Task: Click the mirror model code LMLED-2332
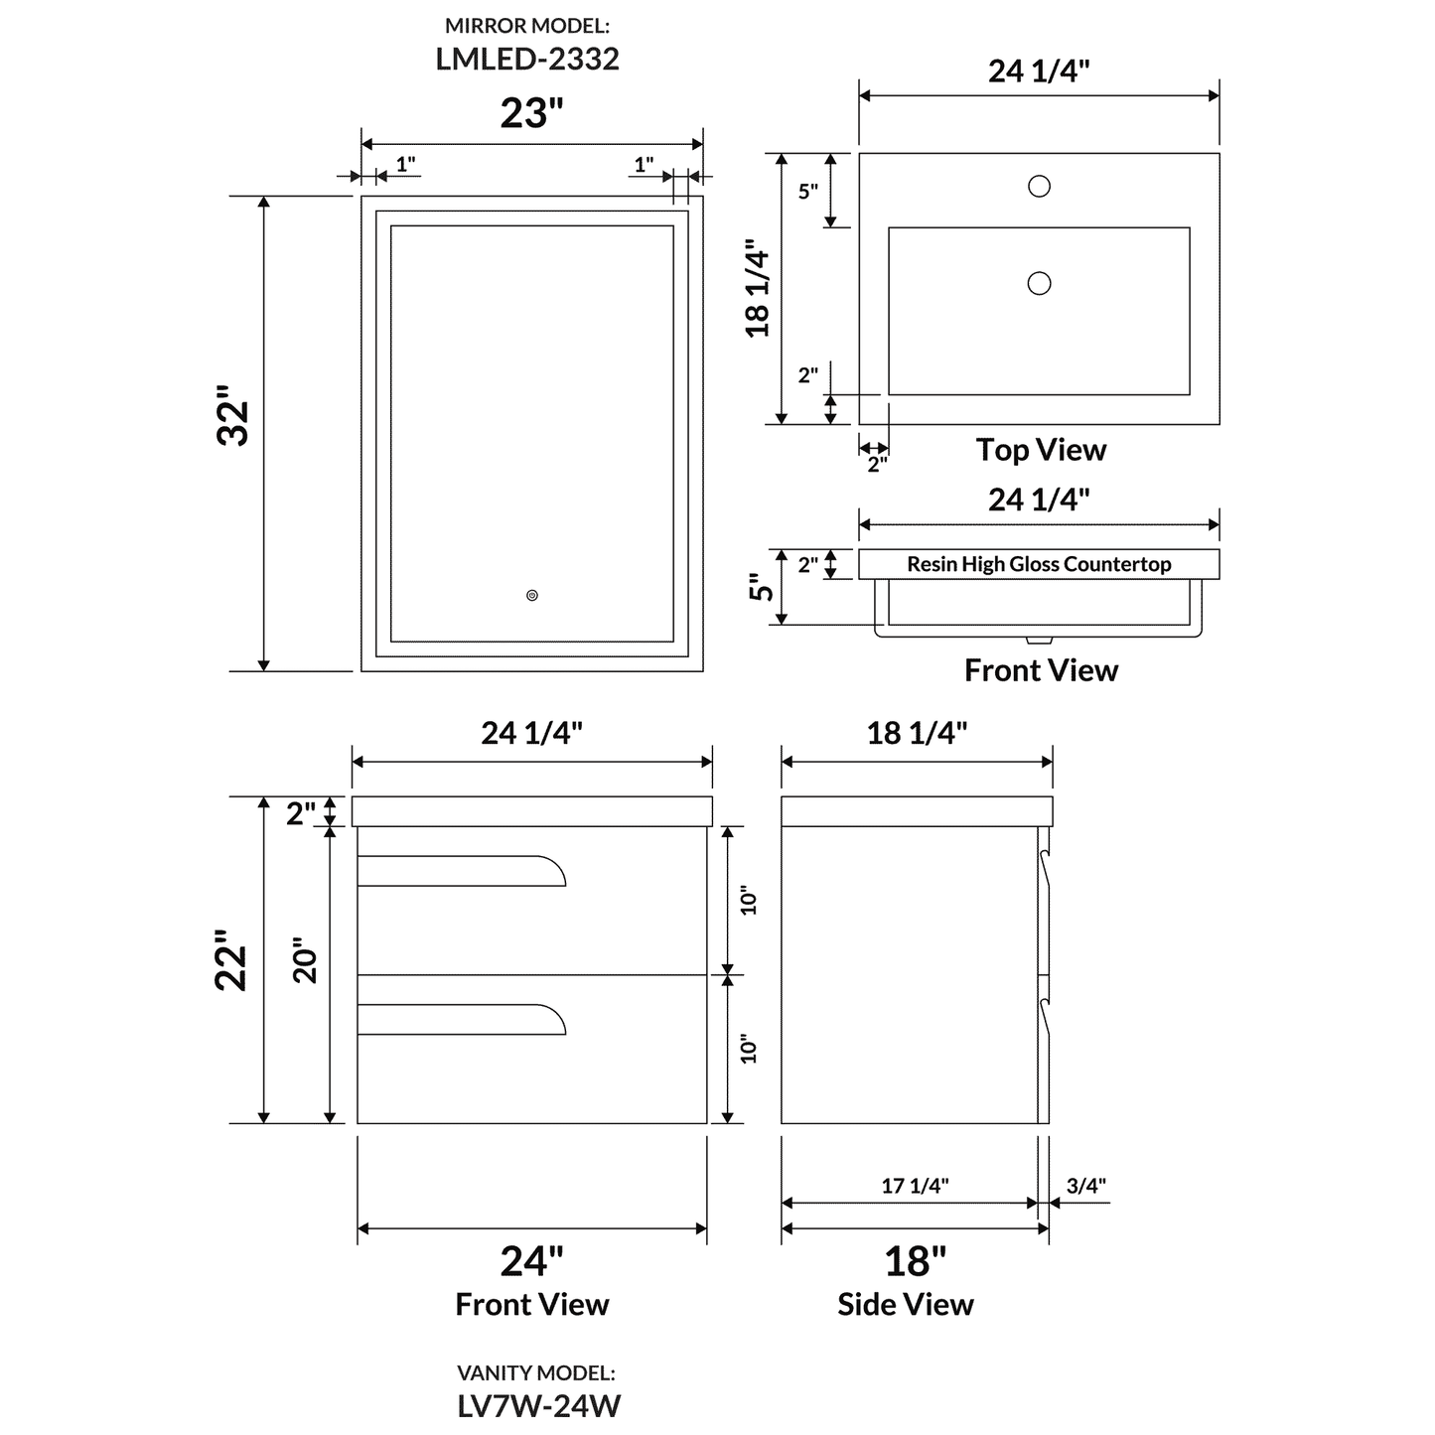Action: (527, 59)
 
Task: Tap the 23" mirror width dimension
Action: (531, 113)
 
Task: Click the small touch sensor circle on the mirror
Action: (532, 596)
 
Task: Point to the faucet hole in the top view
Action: (1039, 186)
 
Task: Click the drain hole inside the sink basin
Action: (1039, 284)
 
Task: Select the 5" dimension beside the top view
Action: (807, 192)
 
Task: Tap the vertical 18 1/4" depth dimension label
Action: (759, 288)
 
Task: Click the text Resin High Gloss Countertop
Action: (1039, 564)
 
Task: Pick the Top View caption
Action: (1041, 450)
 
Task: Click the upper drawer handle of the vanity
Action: (462, 871)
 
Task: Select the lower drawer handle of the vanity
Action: (462, 1021)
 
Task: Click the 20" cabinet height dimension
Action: (305, 960)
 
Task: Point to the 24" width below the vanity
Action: (531, 1261)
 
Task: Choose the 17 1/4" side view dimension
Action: (915, 1185)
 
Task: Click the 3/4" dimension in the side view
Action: (1085, 1185)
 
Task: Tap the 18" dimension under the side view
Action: (915, 1261)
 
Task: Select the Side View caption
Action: (905, 1304)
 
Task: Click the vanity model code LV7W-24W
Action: (538, 1405)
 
